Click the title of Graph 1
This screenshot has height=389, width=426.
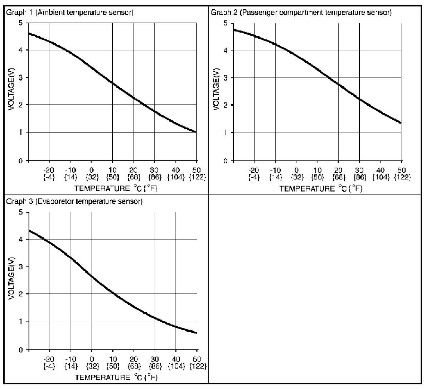70,13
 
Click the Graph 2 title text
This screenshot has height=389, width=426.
301,13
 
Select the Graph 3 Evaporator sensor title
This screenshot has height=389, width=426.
74,201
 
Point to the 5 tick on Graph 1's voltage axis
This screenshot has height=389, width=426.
21,23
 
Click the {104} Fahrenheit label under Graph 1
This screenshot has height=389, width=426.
175,177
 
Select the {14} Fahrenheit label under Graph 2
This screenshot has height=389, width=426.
275,177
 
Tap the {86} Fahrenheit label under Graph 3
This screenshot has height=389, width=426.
155,366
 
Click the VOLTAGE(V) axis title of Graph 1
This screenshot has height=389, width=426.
11,91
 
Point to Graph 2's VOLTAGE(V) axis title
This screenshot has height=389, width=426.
216,91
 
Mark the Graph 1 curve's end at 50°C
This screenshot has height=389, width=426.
196,132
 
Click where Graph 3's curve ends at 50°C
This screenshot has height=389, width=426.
196,333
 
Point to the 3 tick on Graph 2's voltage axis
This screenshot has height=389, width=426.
226,78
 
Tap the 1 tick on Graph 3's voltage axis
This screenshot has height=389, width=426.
21,321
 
